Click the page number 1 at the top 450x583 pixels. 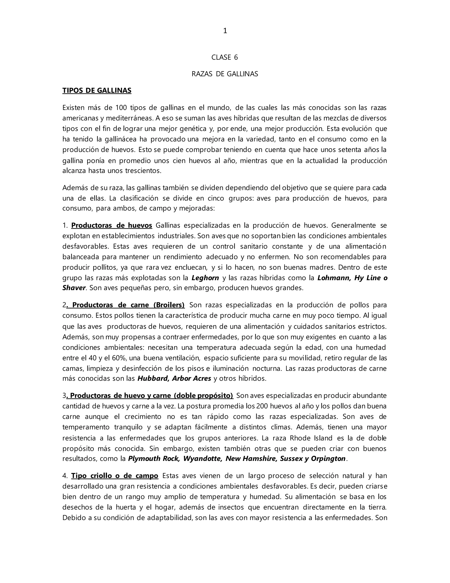click(x=225, y=31)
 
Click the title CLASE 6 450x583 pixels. click(x=225, y=57)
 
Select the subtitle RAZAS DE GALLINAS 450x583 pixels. click(x=225, y=74)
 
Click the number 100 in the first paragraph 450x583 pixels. click(x=121, y=108)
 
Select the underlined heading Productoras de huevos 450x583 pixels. click(x=112, y=225)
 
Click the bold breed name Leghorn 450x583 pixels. click(x=205, y=278)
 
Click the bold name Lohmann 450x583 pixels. click(x=334, y=278)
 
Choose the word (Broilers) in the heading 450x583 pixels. click(x=169, y=305)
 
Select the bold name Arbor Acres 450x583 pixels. click(x=191, y=379)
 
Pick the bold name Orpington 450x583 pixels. click(x=328, y=459)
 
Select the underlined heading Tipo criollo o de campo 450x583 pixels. click(x=115, y=476)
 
